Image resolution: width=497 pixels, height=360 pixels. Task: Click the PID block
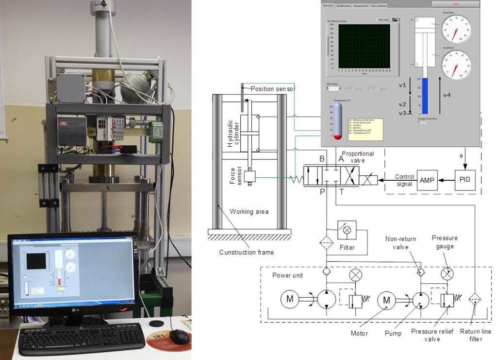tap(464, 180)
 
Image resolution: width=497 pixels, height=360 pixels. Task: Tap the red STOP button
tap(455, 4)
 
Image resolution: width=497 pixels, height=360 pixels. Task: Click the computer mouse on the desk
tap(179, 336)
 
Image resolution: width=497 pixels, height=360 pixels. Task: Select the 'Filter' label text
tap(347, 247)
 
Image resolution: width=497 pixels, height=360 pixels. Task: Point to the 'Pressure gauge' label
tap(445, 242)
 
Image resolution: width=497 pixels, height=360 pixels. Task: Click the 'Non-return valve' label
tap(401, 242)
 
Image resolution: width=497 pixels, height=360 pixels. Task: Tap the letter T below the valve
tap(341, 192)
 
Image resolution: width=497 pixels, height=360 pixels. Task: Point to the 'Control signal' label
tap(404, 180)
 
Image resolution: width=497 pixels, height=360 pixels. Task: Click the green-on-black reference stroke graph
tap(364, 46)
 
